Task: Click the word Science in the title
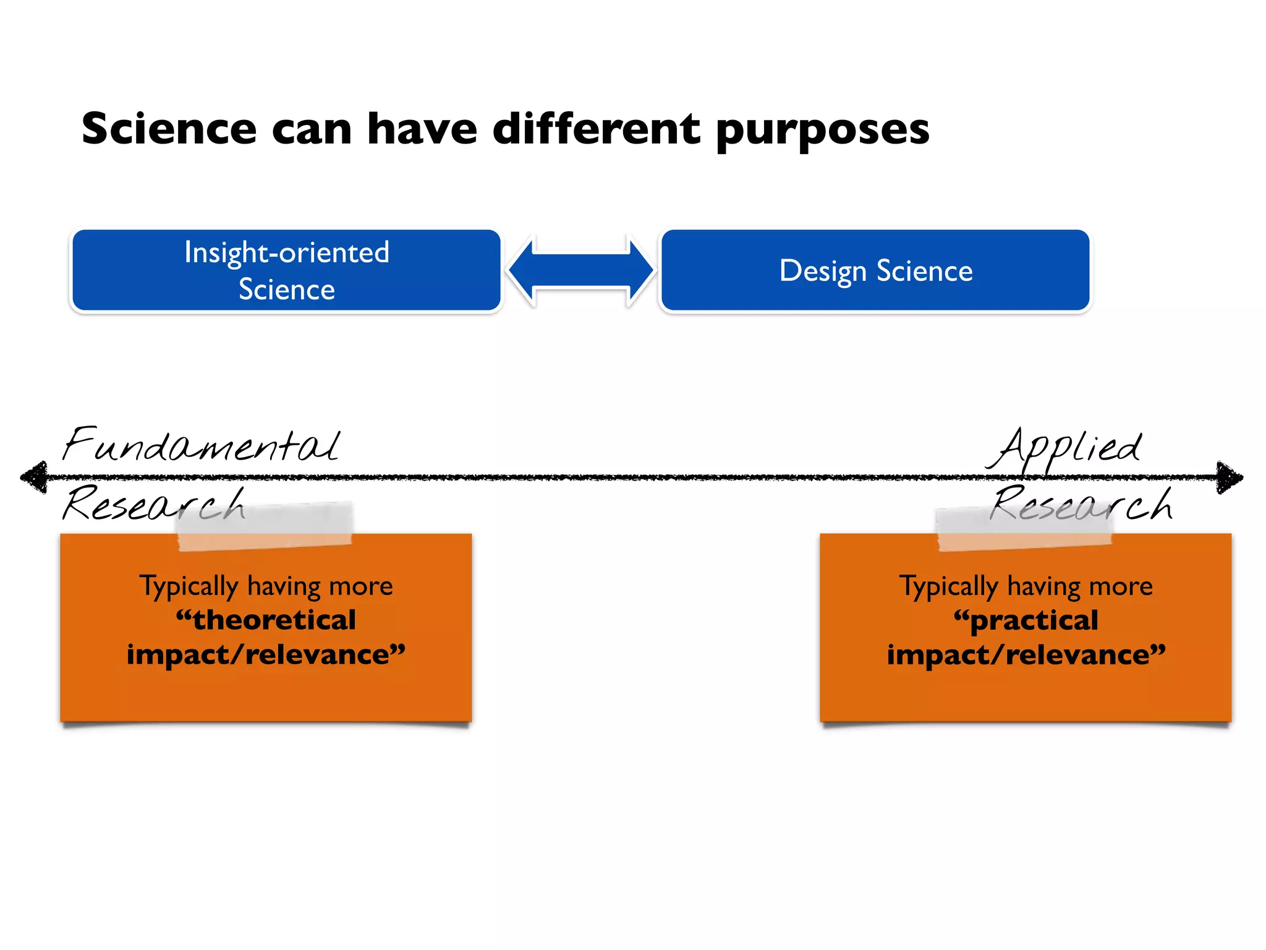pos(169,129)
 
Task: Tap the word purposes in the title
pos(822,131)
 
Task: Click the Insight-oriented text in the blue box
pos(287,253)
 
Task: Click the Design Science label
pos(875,271)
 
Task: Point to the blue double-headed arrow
pos(580,270)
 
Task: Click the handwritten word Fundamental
pos(201,445)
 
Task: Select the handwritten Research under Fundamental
pos(155,504)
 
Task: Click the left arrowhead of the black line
pos(34,477)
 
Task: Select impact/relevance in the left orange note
pos(266,654)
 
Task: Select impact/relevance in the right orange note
pos(1026,654)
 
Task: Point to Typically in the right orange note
pos(948,586)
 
